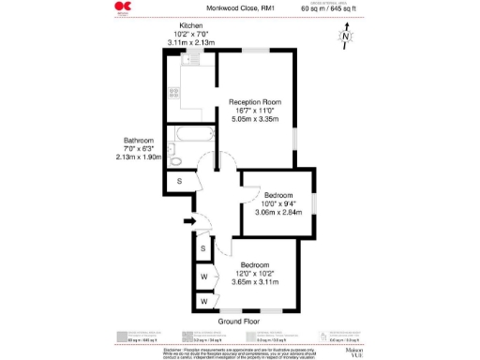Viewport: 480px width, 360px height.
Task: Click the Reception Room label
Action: point(256,102)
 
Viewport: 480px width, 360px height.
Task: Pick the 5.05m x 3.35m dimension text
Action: point(256,119)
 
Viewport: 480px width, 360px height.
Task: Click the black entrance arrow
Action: point(188,221)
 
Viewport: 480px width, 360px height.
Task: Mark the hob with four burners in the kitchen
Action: point(173,93)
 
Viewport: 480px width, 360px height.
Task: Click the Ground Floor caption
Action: point(238,322)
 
